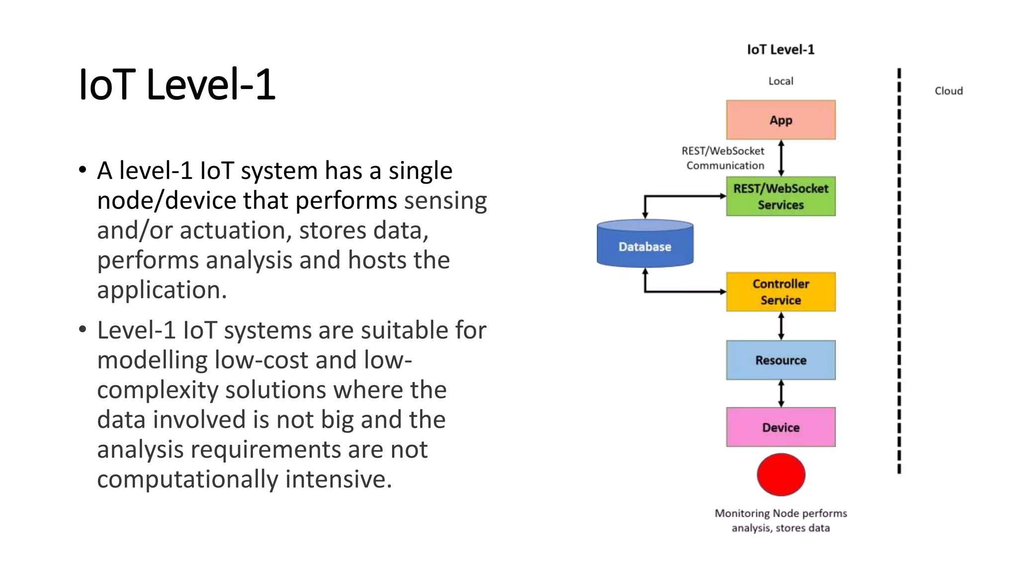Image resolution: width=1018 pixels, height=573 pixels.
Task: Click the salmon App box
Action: point(780,120)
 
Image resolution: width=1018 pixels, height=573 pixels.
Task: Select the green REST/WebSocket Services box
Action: point(780,196)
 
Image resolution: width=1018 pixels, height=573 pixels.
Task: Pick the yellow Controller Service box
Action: point(780,292)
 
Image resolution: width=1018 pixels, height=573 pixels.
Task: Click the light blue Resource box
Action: point(780,360)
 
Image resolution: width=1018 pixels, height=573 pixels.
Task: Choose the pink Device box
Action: point(780,427)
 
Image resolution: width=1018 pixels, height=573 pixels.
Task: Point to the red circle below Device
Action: point(780,475)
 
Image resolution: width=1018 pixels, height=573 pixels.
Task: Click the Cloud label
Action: point(948,91)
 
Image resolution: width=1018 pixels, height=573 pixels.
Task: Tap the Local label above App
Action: point(780,81)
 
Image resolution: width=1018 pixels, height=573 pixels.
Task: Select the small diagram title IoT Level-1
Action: point(780,50)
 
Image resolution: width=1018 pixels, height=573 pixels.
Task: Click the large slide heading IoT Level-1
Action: point(177,85)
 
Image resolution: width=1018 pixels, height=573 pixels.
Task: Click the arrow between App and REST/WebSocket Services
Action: point(781,158)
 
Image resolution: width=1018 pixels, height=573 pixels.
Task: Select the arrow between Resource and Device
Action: point(781,393)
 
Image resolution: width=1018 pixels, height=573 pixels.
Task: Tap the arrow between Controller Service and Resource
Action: point(781,326)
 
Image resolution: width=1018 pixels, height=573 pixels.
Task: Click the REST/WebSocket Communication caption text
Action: point(724,158)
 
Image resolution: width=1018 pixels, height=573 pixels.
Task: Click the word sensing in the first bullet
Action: point(445,201)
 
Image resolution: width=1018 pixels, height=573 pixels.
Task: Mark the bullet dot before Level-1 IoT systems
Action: point(83,329)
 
